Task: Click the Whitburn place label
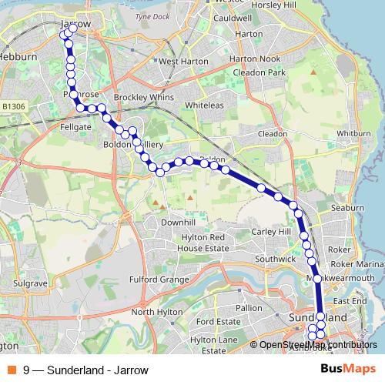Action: (x=353, y=133)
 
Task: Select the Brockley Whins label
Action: (x=135, y=99)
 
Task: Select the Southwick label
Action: (x=275, y=259)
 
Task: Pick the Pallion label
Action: (x=249, y=307)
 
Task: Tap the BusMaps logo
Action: (x=348, y=369)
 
